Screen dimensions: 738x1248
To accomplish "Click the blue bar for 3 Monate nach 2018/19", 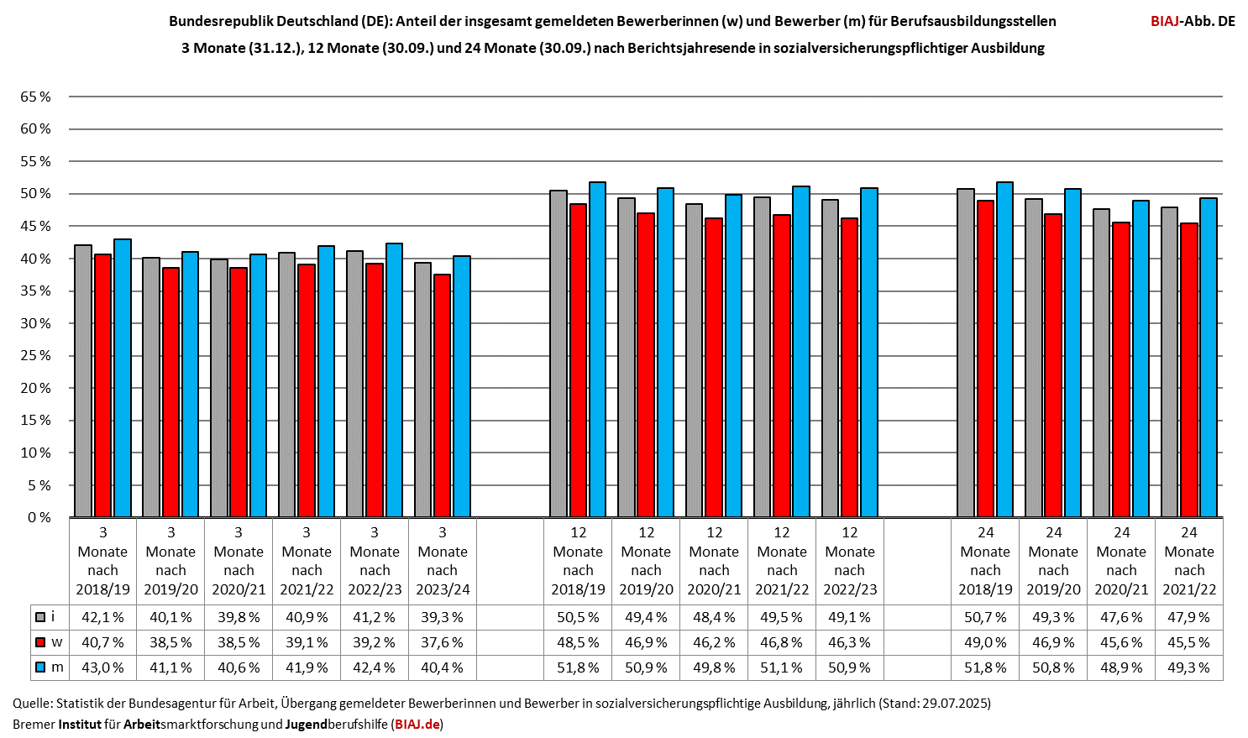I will coord(123,378).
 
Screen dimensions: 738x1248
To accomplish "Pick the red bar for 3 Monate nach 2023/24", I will coord(442,395).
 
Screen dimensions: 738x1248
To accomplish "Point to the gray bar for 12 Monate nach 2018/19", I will coord(558,353).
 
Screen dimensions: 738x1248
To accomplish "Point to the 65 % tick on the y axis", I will coord(36,97).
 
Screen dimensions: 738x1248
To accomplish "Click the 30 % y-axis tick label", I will coord(36,323).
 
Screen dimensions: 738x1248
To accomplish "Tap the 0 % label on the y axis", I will coord(39,517).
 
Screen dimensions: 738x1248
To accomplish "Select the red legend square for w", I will coord(40,642).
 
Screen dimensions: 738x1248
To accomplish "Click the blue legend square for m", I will coord(40,667).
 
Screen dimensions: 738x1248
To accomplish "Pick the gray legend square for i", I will coord(40,617).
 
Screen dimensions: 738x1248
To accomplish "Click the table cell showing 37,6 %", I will coord(442,642).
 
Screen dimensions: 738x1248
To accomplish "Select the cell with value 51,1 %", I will coord(782,667).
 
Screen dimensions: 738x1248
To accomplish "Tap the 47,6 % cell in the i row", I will coord(1121,617).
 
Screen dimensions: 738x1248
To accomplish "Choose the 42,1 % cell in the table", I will coord(102,617).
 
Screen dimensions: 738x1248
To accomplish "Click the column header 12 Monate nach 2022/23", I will coord(850,561).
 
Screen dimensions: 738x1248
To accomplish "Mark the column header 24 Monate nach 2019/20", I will coord(1053,561).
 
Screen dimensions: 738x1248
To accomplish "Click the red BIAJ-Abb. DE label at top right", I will coord(1193,21).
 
